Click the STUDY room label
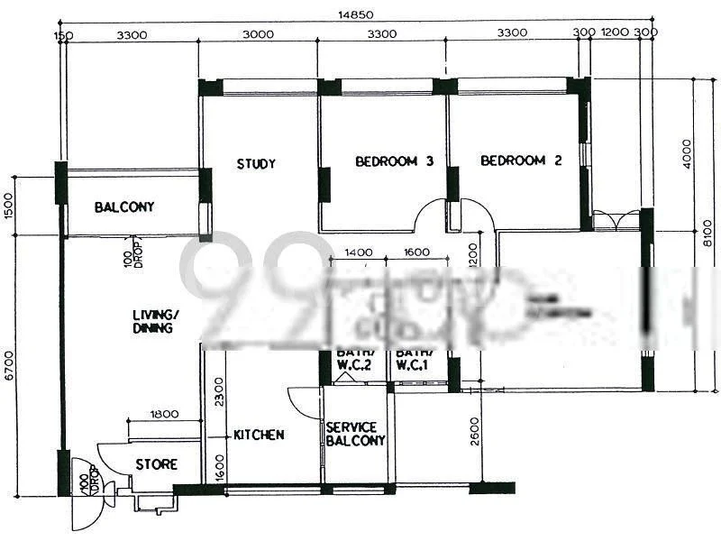(x=256, y=164)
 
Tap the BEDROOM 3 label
(x=394, y=161)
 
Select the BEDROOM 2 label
(x=521, y=160)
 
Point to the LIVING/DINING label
(x=152, y=322)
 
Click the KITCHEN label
(x=259, y=435)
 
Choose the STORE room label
(x=156, y=464)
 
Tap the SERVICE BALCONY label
(x=355, y=434)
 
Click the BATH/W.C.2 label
(x=354, y=359)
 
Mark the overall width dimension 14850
(x=355, y=14)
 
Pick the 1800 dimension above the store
(x=165, y=414)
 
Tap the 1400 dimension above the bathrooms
(x=359, y=253)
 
